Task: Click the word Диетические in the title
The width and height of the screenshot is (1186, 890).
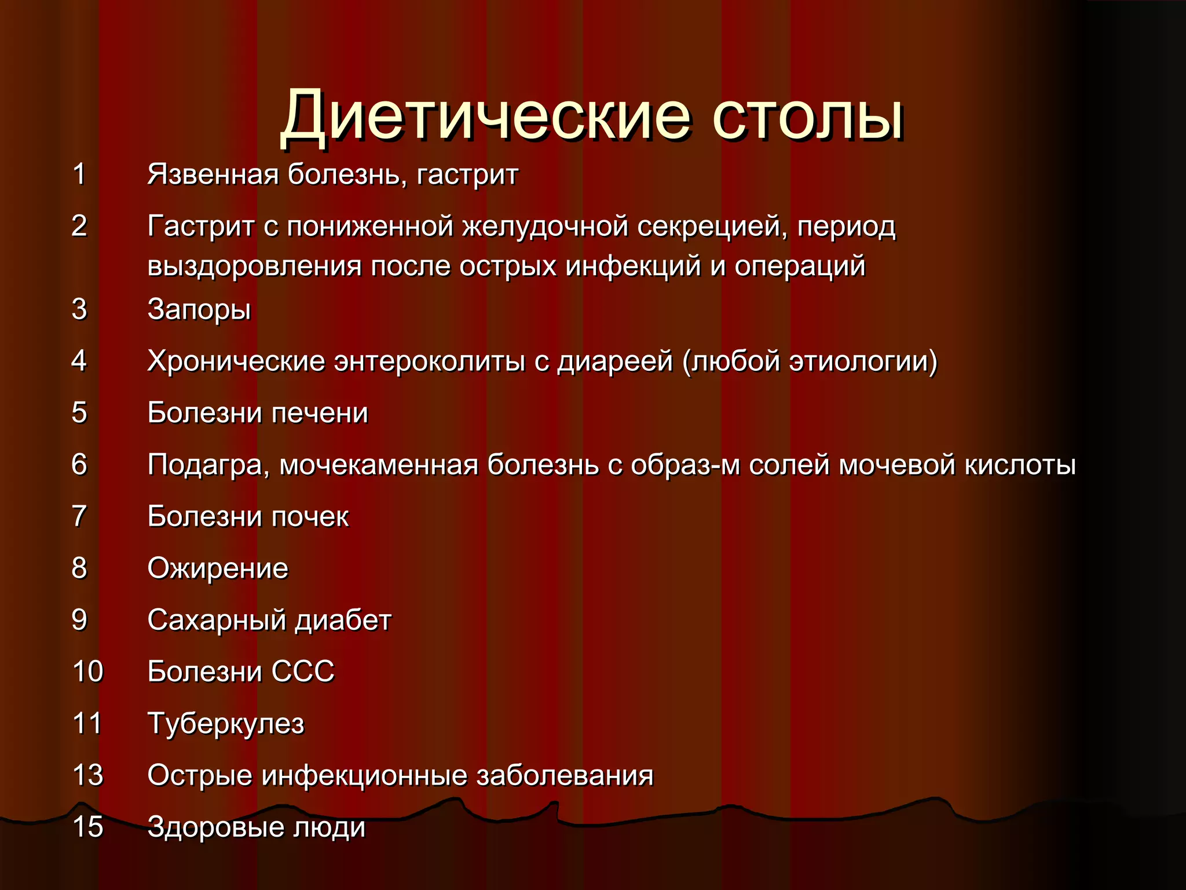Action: coord(485,116)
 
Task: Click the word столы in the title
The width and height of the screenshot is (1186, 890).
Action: coord(807,116)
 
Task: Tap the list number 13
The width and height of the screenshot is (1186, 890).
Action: coord(87,775)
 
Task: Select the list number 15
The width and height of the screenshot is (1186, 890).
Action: coord(87,827)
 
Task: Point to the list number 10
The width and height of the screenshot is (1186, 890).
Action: coord(87,672)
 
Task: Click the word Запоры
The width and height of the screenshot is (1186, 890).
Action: coord(199,310)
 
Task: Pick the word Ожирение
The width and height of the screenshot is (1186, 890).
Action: coord(218,568)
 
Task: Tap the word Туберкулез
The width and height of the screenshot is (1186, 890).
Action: coord(226,724)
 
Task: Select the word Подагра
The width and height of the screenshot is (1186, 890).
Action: coord(208,465)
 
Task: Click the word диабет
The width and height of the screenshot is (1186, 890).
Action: coord(343,621)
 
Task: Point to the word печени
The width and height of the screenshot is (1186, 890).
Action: coord(320,413)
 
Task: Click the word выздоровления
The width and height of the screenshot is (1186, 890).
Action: coord(255,267)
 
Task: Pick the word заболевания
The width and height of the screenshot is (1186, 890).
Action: coord(565,775)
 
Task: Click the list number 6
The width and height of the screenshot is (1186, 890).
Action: coord(79,465)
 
